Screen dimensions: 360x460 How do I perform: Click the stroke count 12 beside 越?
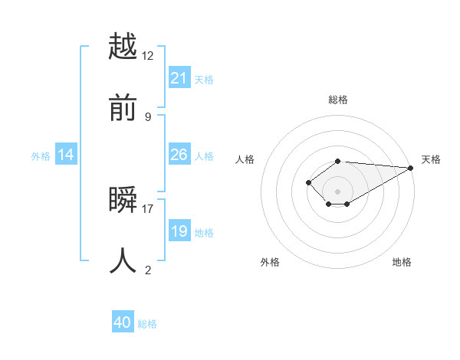pyautogui.click(x=148, y=55)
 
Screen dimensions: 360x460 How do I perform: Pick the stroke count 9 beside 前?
pyautogui.click(x=148, y=116)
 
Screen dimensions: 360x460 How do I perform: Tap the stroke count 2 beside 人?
pyautogui.click(x=148, y=270)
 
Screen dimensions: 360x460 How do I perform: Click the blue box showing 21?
pyautogui.click(x=179, y=78)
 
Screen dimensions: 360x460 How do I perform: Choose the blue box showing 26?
pyautogui.click(x=179, y=155)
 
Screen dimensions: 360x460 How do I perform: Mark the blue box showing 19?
pyautogui.click(x=179, y=231)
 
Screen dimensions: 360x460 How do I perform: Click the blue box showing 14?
pyautogui.click(x=66, y=155)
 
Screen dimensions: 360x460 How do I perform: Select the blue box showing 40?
pyautogui.click(x=123, y=322)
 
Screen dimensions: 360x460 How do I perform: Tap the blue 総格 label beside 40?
pyautogui.click(x=147, y=324)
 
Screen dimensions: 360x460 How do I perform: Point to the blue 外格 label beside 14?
pyautogui.click(x=41, y=156)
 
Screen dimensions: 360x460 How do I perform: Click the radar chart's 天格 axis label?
pyautogui.click(x=431, y=159)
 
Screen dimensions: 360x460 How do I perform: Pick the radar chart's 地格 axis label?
pyautogui.click(x=402, y=263)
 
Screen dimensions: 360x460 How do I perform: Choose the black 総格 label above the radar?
pyautogui.click(x=337, y=100)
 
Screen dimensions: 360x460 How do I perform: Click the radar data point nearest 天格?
pyautogui.click(x=411, y=168)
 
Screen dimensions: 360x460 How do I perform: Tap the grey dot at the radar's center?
pyautogui.click(x=337, y=191)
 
